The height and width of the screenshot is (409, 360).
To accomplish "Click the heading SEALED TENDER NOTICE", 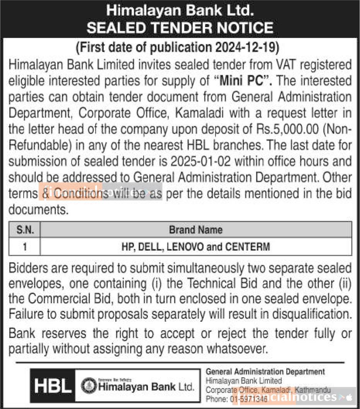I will pyautogui.click(x=180, y=28).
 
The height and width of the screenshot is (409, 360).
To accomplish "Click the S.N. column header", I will pyautogui.click(x=25, y=230).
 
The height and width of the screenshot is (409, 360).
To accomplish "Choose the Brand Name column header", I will pyautogui.click(x=196, y=230).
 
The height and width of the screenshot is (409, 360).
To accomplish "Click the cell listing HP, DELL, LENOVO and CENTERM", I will pyautogui.click(x=196, y=247).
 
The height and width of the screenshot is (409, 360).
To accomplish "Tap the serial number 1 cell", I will pyautogui.click(x=25, y=247).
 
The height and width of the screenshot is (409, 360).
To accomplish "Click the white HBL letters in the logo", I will pyautogui.click(x=53, y=386).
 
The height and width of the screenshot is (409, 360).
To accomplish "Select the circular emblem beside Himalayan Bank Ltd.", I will pyautogui.click(x=89, y=386).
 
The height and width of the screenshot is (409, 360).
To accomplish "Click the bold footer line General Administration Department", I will pyautogui.click(x=265, y=372).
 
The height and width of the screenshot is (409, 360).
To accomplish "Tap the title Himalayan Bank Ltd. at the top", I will pyautogui.click(x=180, y=10).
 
